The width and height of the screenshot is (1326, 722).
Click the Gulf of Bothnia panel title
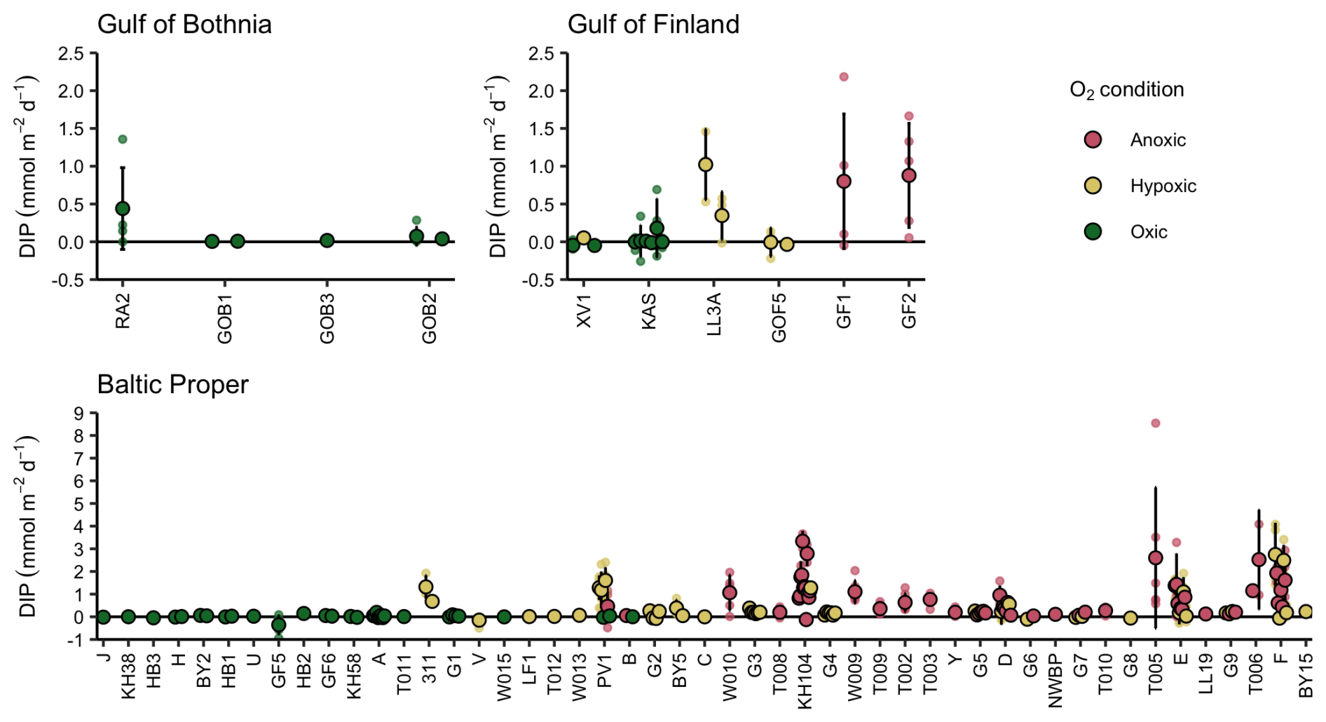tap(184, 25)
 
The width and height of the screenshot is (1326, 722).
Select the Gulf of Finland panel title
tap(653, 25)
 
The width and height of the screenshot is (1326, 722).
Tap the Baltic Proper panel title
tap(172, 384)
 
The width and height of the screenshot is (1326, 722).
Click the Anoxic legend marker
tap(1093, 139)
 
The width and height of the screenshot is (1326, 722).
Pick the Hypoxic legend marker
tap(1093, 186)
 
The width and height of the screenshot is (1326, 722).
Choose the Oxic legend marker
tap(1093, 231)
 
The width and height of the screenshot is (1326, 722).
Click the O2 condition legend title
tap(1126, 90)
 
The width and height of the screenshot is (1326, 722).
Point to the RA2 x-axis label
tap(123, 311)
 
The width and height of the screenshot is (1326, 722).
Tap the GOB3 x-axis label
tap(327, 319)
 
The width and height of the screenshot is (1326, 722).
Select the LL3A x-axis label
tap(713, 314)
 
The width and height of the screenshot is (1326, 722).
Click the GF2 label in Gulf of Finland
tap(908, 311)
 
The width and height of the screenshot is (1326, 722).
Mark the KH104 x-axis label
tap(805, 681)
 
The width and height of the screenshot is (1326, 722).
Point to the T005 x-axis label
tap(1155, 674)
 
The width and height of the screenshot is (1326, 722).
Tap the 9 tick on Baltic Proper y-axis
tap(78, 414)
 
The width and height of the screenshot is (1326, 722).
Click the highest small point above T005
tap(1156, 423)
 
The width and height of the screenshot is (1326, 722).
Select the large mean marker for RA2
tap(123, 208)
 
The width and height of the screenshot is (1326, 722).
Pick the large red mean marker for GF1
tap(844, 181)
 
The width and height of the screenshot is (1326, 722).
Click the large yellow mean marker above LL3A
tap(706, 164)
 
